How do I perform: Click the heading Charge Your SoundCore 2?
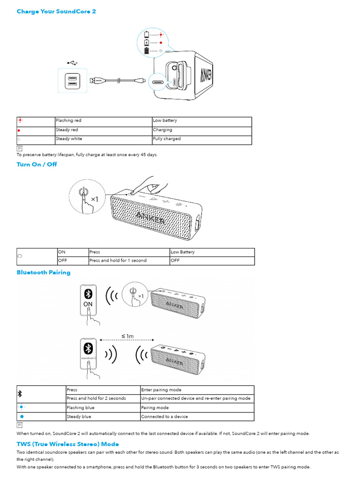coord(56,11)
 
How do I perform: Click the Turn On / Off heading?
coord(37,165)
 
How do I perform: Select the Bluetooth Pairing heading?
coord(44,272)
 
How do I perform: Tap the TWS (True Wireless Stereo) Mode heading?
coord(67,444)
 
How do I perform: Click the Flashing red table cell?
coord(68,121)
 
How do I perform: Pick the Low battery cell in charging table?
coord(165,121)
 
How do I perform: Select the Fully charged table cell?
coord(166,139)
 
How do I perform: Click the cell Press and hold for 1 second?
coord(118,261)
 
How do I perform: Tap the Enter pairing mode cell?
coord(161,390)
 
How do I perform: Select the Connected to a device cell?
coord(165,417)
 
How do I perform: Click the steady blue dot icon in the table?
coord(22,417)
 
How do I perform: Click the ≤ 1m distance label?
coord(127,336)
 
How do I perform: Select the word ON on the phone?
coord(88,304)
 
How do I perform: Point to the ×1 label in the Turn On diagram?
coord(94,199)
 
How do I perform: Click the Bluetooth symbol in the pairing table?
coord(20,394)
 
